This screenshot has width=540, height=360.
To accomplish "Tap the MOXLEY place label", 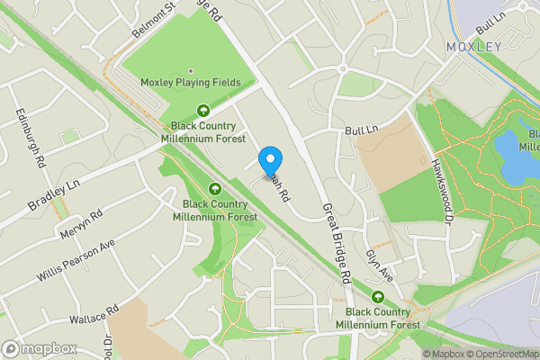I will click(474, 47).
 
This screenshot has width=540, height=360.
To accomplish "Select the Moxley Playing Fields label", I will click(190, 83).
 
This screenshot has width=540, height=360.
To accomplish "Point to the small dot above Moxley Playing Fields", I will click(190, 71).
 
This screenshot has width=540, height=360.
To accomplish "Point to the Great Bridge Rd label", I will click(336, 243).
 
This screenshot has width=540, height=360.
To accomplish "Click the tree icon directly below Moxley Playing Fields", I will click(203, 112).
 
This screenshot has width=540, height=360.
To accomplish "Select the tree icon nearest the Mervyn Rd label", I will click(215, 188).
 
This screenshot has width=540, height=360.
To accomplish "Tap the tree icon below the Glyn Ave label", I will click(377, 297).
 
